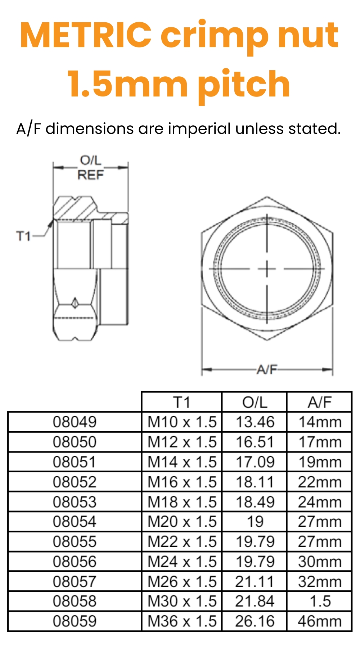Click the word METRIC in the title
86,35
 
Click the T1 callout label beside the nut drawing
23,237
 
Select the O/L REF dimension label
90,168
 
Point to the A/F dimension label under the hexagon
267,369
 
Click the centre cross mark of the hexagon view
267,269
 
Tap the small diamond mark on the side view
75,303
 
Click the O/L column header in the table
255,402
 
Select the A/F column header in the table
319,402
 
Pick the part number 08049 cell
75,422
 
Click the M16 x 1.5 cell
182,482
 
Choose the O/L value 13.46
255,422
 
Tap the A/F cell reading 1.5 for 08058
319,601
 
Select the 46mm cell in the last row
319,621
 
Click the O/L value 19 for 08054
255,522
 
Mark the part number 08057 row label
75,581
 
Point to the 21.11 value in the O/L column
255,581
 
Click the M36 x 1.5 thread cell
182,621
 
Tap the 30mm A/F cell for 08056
319,562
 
